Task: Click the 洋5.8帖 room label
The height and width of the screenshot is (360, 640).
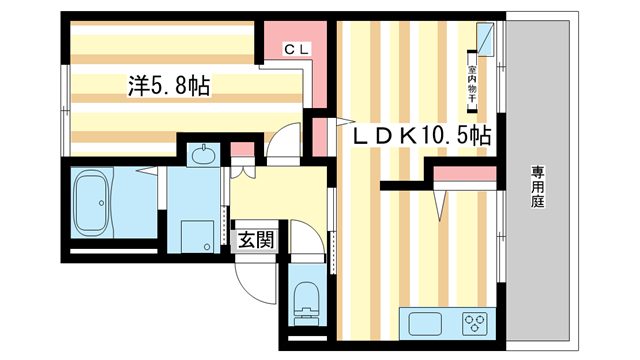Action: (167, 87)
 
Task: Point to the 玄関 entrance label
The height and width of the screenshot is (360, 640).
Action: (255, 239)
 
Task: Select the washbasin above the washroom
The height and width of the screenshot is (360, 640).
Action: (202, 155)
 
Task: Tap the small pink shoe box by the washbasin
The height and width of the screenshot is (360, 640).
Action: (240, 153)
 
